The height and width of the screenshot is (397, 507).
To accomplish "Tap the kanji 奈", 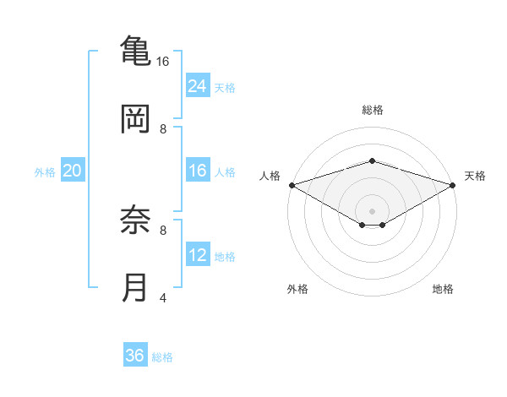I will pos(135,221).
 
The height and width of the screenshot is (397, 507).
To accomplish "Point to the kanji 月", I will pos(135,287).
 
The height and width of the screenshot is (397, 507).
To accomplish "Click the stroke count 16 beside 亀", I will pos(163,61).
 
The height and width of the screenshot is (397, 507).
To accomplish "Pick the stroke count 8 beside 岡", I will pos(163,128).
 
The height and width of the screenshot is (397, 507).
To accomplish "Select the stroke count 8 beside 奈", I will pos(163,229).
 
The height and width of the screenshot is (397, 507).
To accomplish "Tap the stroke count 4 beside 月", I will pos(163,296).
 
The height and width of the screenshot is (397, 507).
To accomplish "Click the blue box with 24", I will pos(198,85).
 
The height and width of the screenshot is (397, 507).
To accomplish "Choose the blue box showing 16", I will pos(198,171).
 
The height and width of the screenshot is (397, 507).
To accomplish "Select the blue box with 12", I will pos(198,254).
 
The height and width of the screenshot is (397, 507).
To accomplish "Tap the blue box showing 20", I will pos(73,171).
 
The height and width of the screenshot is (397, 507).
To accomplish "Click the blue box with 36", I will pos(135,356).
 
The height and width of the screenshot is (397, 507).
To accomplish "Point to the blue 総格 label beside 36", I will pos(163,357).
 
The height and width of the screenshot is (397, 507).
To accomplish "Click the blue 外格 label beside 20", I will pos(45,172).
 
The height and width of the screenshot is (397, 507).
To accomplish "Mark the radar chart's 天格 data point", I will pos(453,185).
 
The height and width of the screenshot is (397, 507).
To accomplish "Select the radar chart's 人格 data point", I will pos(292,185).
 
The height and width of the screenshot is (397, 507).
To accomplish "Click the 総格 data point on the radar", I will pos(372,160).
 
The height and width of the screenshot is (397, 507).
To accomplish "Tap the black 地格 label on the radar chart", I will pos(443,290).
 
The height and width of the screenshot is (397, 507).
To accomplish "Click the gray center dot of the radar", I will pos(372,209).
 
